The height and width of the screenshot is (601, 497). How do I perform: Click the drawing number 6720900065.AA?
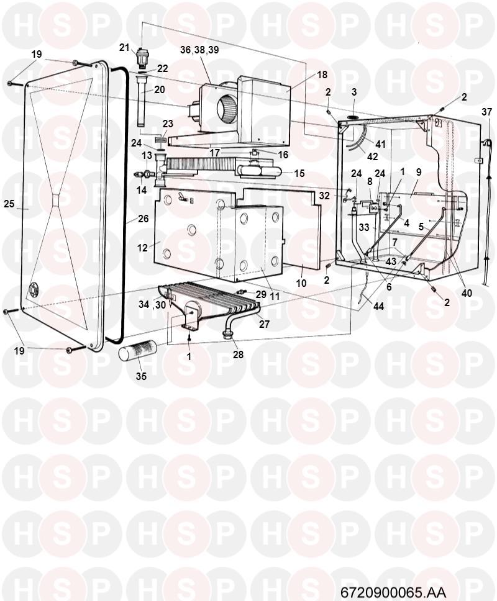(x=393, y=592)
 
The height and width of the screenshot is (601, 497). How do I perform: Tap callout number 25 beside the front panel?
(x=9, y=204)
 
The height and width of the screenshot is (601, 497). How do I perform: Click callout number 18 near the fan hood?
(x=322, y=75)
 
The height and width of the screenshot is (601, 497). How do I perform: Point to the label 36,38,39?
(x=199, y=50)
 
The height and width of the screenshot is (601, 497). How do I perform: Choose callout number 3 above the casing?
(x=354, y=92)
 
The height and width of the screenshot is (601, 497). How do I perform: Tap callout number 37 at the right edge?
(x=486, y=112)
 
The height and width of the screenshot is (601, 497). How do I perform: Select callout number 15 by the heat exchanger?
(x=299, y=173)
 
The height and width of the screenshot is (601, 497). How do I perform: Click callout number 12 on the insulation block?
(x=142, y=248)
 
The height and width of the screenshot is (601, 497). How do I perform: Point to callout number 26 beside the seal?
(x=143, y=219)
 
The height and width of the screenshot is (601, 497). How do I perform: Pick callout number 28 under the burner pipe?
(x=238, y=355)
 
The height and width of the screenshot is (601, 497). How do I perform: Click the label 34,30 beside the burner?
(x=152, y=304)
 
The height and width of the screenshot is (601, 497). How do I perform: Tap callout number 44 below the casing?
(x=378, y=306)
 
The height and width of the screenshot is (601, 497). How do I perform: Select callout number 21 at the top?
(x=124, y=48)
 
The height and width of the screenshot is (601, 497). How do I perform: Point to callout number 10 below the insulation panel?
(x=301, y=283)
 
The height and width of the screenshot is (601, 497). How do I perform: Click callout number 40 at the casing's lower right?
(x=467, y=293)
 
